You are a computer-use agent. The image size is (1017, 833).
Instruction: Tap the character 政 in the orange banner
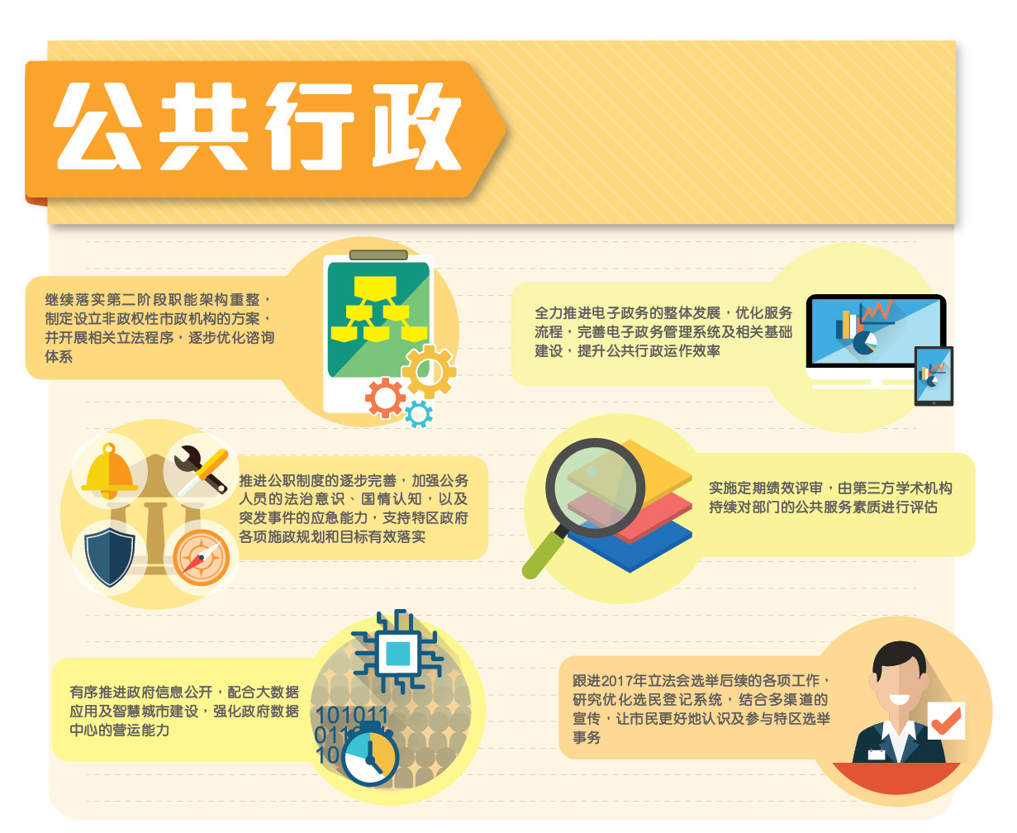click(x=417, y=126)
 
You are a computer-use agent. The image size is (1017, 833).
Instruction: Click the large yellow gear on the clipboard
click(x=429, y=371)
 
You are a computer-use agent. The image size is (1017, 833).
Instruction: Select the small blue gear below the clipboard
click(x=418, y=414)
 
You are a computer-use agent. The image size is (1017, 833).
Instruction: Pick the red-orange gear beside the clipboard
click(x=385, y=398)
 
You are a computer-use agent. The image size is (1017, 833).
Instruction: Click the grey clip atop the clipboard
click(x=378, y=255)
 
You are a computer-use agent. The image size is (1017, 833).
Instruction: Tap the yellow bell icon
click(x=109, y=470)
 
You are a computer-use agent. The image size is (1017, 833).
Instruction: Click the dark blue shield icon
click(x=109, y=557)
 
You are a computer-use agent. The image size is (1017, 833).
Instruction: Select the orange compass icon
click(x=201, y=558)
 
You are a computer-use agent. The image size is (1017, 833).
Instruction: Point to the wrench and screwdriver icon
click(x=201, y=470)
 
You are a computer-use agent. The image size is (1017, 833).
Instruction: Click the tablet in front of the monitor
click(x=934, y=376)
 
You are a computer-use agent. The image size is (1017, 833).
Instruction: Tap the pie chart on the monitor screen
click(x=865, y=342)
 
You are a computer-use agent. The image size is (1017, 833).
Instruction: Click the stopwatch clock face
click(x=370, y=757)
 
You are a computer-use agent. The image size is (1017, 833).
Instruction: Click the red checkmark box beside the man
click(x=946, y=720)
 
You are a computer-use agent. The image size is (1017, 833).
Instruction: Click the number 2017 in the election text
click(x=617, y=681)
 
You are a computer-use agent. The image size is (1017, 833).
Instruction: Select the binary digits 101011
click(x=352, y=715)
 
